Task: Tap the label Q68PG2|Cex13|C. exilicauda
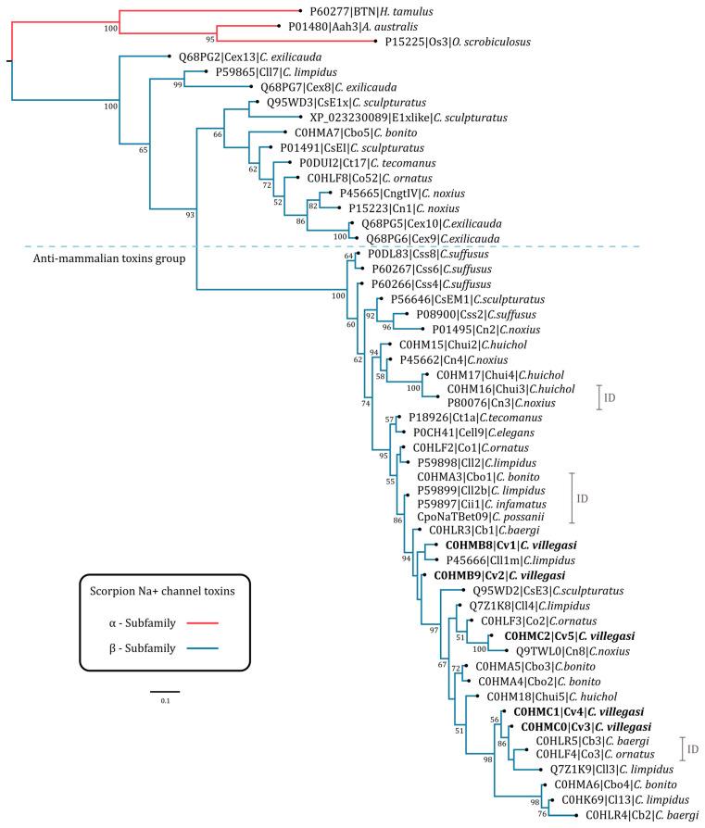233,56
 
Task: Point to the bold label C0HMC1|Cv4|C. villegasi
568,712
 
